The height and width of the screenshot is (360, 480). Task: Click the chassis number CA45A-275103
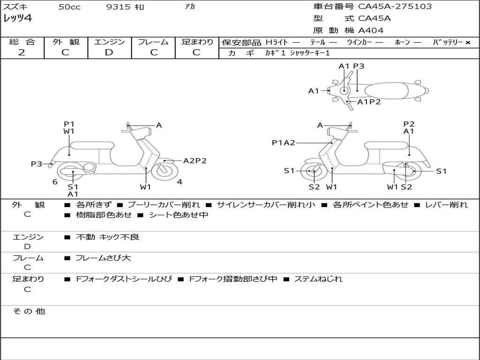[395, 7]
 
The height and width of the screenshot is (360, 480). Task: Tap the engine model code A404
[371, 30]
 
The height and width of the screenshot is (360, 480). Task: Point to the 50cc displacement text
[69, 7]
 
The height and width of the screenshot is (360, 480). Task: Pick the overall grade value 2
[22, 52]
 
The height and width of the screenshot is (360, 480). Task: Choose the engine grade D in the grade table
[109, 52]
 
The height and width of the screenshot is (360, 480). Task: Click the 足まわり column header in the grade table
[197, 42]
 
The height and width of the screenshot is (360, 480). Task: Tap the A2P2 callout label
[195, 161]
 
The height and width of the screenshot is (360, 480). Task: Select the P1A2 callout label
[284, 142]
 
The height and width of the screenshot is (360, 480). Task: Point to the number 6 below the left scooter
[55, 182]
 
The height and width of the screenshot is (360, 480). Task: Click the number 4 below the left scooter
[180, 182]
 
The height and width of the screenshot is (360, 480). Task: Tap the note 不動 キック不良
[107, 237]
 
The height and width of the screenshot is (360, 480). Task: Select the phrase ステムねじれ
[318, 279]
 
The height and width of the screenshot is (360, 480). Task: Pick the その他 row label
[29, 311]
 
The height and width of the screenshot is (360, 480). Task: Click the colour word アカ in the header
[190, 7]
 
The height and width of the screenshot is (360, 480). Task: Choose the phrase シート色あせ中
[178, 215]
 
